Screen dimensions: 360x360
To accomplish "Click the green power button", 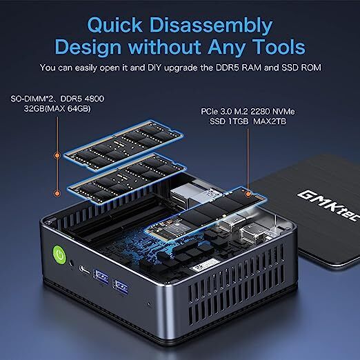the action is [x=60, y=254].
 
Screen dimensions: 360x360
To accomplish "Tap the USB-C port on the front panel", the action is [x=84, y=270].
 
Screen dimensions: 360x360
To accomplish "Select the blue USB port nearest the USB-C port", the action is [x=101, y=277].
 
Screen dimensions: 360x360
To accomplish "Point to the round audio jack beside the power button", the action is [x=72, y=263].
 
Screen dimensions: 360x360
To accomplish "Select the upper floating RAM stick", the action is [x=123, y=146].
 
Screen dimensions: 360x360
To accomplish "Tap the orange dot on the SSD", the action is [x=248, y=194].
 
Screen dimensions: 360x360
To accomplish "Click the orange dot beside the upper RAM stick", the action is [x=57, y=156].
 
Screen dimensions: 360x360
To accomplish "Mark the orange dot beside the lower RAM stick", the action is [x=57, y=193].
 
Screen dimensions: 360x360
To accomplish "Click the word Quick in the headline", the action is [x=115, y=25].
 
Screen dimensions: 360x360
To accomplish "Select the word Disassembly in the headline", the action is [x=211, y=26].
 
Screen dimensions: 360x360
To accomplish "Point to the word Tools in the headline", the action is [x=280, y=47].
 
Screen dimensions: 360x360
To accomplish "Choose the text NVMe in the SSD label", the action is [x=283, y=112].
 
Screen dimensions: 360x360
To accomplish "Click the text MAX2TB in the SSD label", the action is [x=270, y=121].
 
